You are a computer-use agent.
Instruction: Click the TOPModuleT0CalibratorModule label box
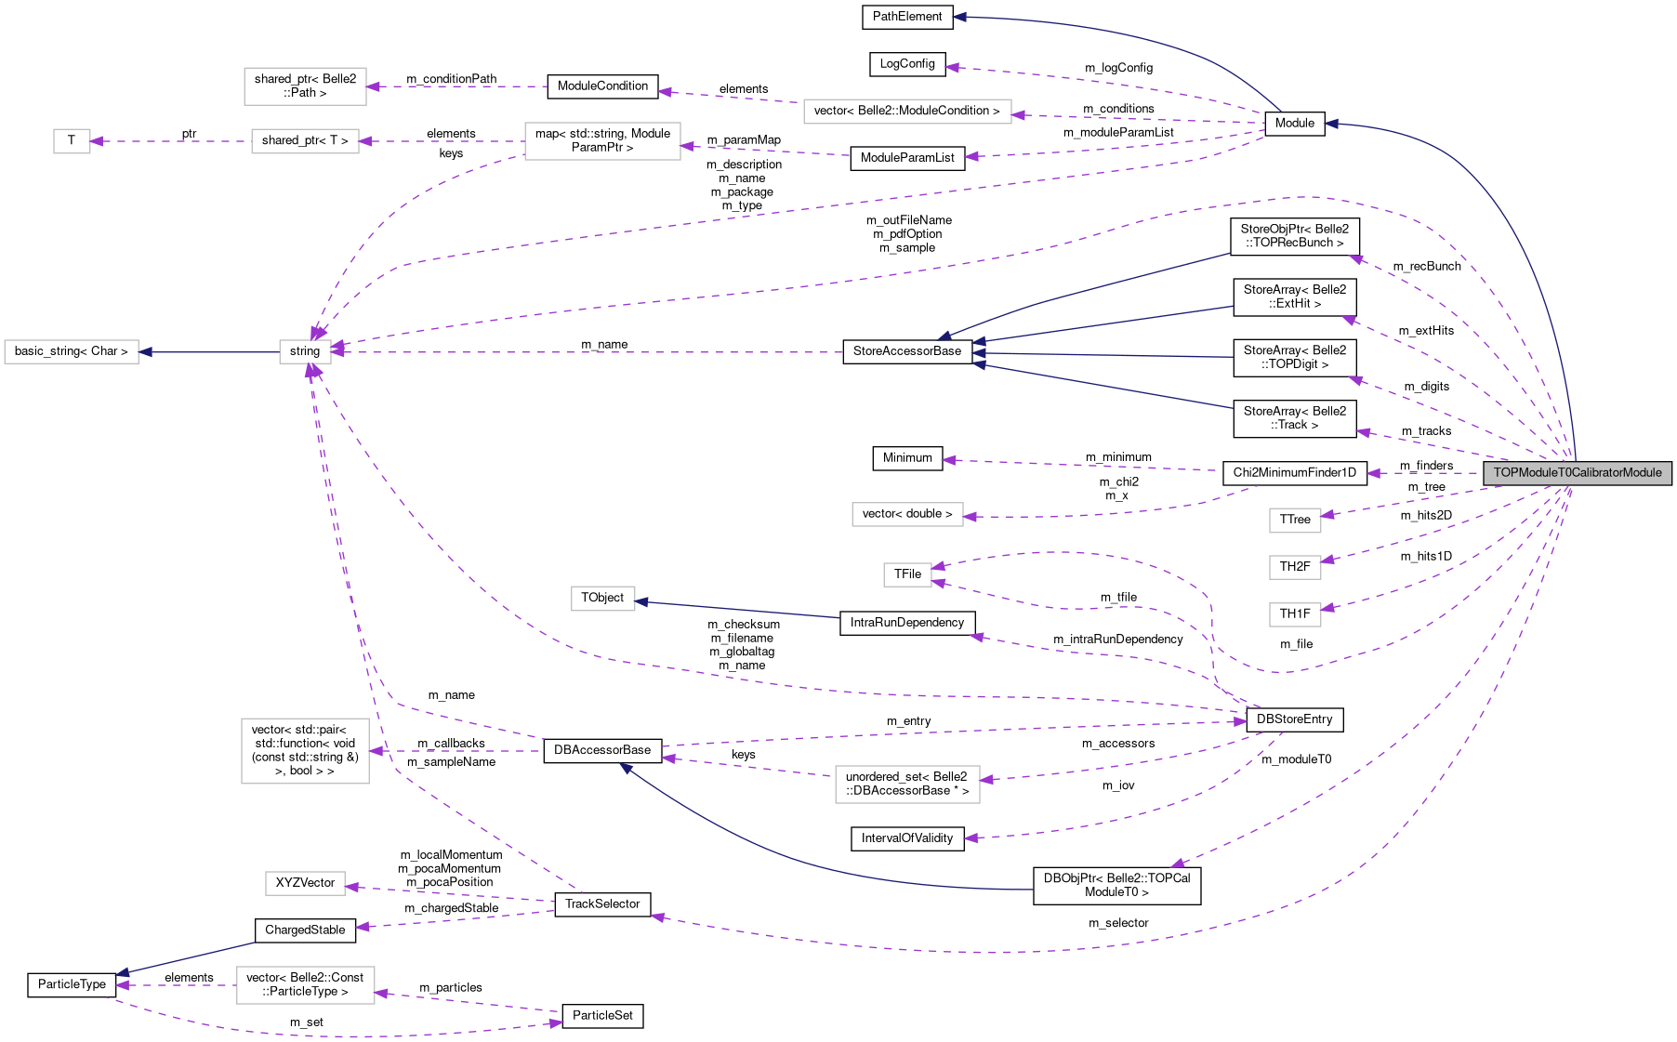click(1577, 473)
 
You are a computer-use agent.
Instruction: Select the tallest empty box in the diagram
click(305, 751)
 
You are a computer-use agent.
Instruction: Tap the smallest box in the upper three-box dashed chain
click(72, 141)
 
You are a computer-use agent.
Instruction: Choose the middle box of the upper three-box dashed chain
click(305, 141)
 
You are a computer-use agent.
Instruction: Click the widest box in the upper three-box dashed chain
click(602, 141)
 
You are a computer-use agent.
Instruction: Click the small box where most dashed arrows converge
click(305, 352)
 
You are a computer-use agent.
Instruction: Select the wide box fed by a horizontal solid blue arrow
click(72, 352)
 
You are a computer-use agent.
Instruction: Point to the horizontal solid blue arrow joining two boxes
click(209, 352)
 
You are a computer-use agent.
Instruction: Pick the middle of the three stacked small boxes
click(1295, 567)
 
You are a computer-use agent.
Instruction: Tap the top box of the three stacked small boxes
click(1295, 521)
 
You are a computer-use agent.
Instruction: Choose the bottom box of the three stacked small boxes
click(1295, 614)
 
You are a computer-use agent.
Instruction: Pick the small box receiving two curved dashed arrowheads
click(907, 574)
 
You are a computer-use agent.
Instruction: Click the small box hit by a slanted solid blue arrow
click(603, 599)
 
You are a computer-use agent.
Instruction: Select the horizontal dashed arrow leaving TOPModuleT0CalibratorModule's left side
click(1422, 473)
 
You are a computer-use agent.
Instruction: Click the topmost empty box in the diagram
click(305, 86)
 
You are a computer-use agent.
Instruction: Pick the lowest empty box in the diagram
click(305, 985)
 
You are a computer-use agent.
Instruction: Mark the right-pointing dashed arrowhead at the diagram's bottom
click(557, 1023)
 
